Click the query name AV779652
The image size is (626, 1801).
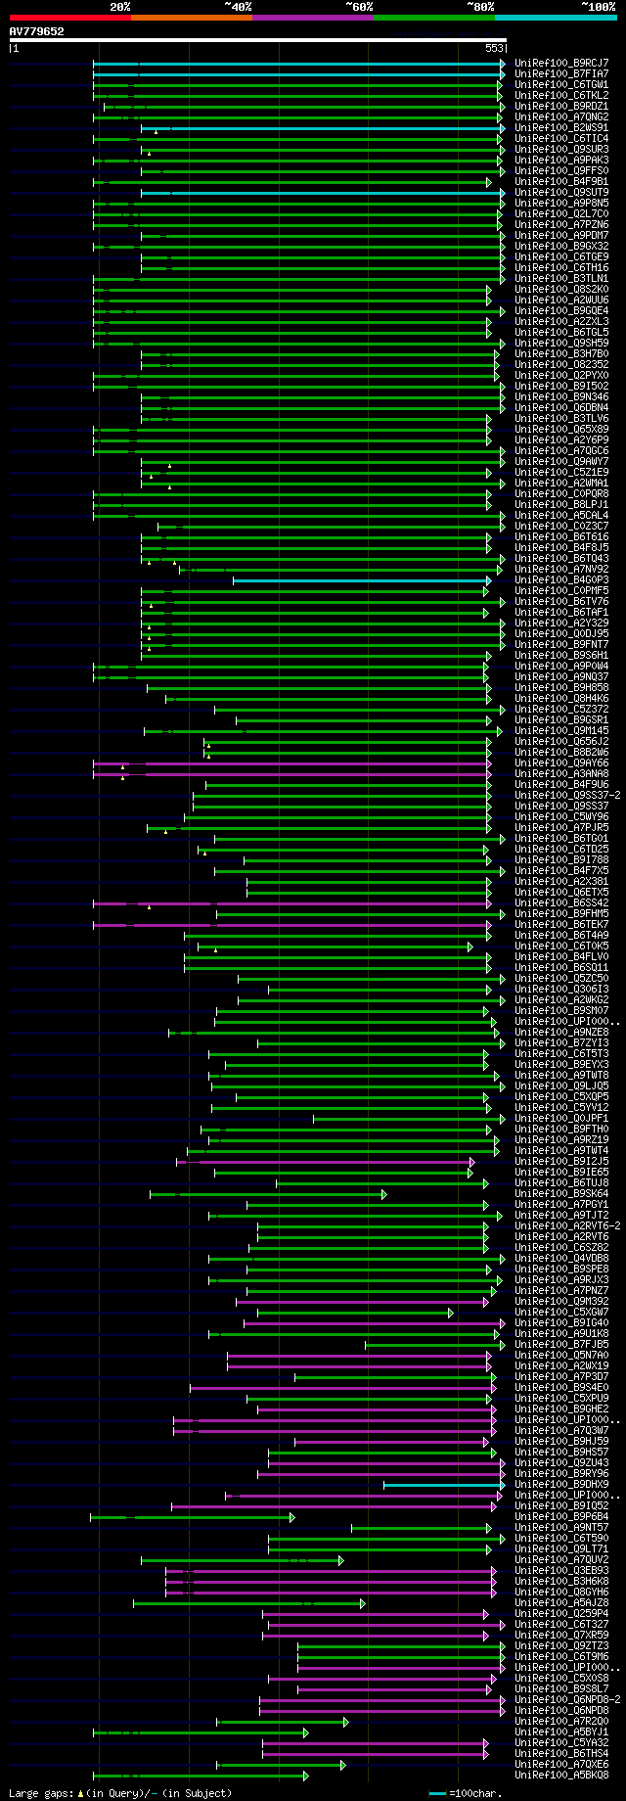[x=36, y=31]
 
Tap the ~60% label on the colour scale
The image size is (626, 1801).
[x=359, y=6]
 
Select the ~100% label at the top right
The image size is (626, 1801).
[x=598, y=6]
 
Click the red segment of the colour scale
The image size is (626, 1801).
[x=69, y=18]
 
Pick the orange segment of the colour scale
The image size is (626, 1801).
[x=191, y=18]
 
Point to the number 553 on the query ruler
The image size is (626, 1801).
[x=494, y=48]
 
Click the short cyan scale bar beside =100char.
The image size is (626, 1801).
[x=437, y=1793]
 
